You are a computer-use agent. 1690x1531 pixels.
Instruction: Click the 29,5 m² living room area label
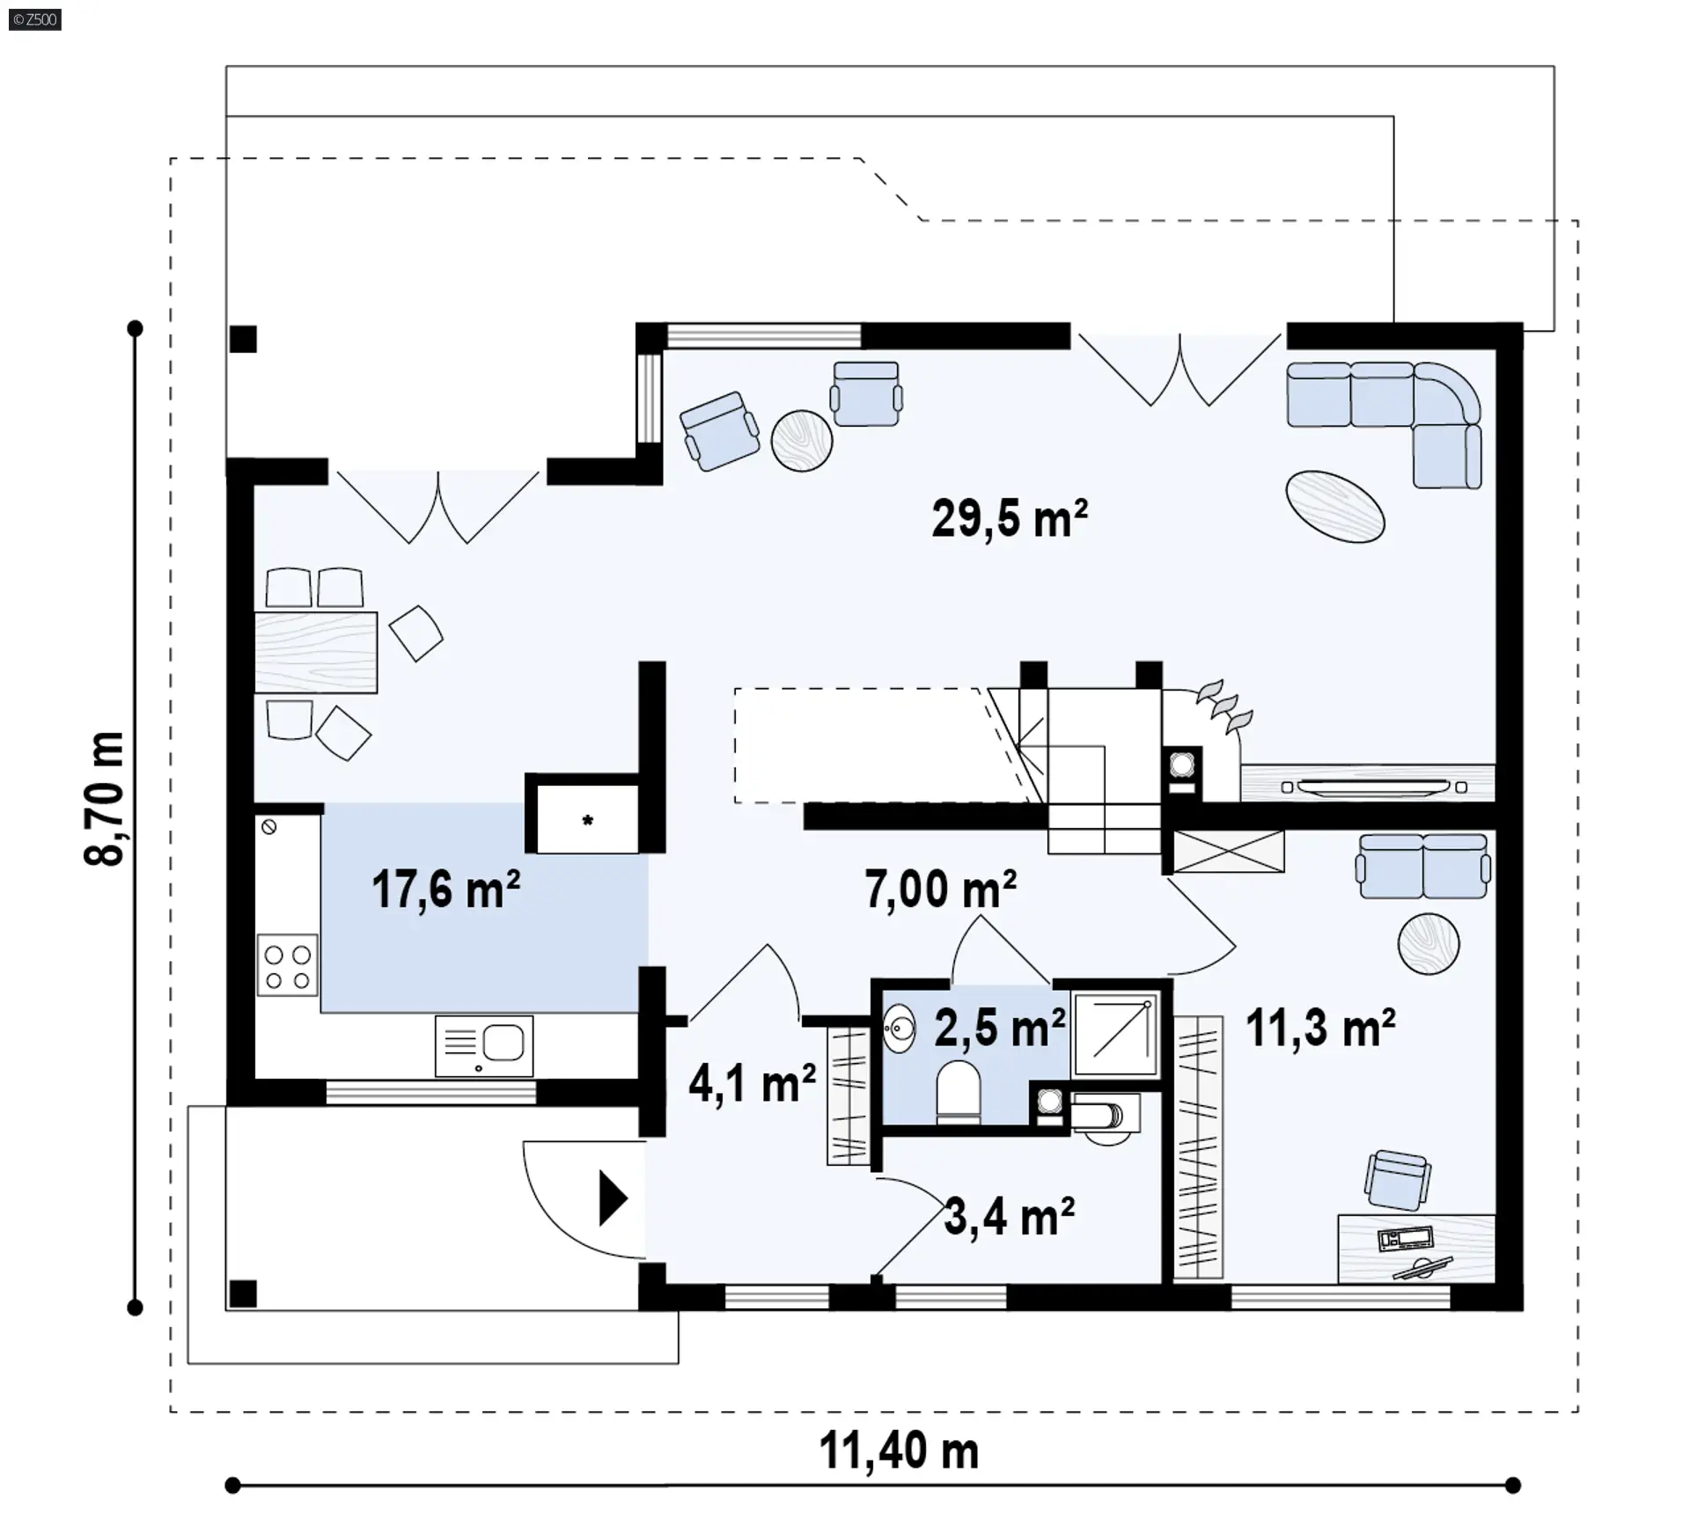pos(1010,518)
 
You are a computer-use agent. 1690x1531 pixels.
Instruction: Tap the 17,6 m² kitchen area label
pos(445,889)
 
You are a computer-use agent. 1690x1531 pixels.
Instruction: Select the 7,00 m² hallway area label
pos(940,889)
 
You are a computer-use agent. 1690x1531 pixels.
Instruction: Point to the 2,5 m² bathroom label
pos(1000,1026)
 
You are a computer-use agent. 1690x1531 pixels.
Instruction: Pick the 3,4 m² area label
pos(1010,1217)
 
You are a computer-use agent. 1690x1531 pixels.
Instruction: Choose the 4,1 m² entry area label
pos(752,1083)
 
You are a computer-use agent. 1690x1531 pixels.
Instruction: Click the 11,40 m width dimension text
pos(899,1451)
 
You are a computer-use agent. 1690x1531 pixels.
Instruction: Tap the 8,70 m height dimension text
pos(105,799)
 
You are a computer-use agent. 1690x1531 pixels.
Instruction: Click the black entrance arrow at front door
pos(613,1198)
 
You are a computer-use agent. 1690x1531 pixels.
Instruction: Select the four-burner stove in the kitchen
pos(288,965)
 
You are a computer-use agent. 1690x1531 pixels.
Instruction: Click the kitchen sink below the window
pos(484,1045)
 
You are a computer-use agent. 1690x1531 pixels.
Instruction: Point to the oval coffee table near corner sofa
pos(1335,506)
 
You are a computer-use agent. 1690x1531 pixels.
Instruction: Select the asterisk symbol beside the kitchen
pos(588,821)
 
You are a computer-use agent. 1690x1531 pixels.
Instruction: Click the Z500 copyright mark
pos(35,19)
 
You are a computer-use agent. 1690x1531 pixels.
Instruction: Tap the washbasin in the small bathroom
pos(900,1028)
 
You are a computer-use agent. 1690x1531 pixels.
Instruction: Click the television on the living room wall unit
pos(1374,787)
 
